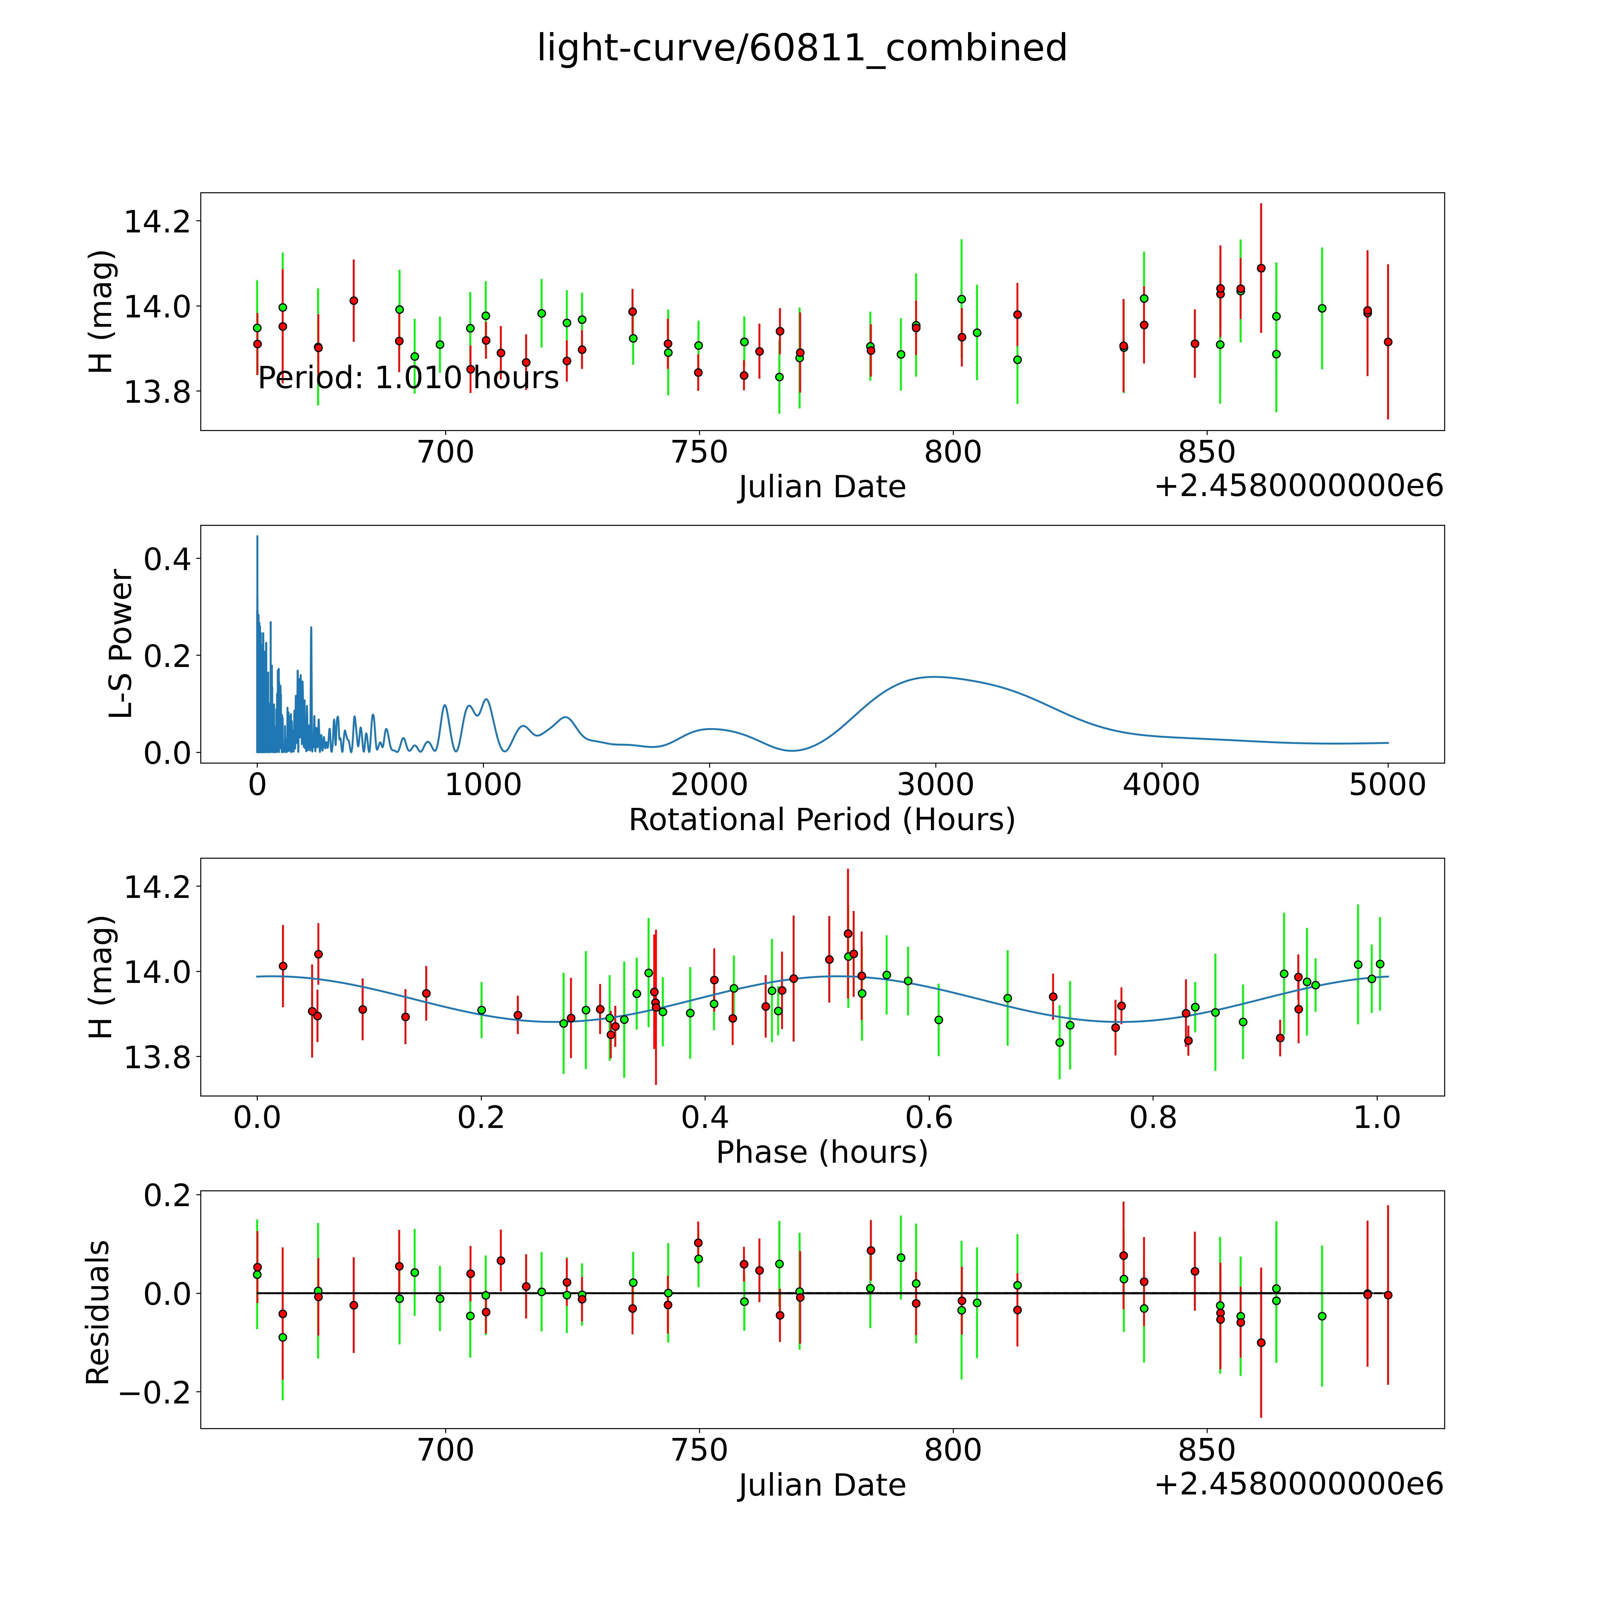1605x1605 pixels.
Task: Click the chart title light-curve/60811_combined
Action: [x=802, y=48]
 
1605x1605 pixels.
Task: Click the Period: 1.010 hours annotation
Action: [x=408, y=378]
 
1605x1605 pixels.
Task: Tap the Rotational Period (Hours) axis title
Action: [x=822, y=820]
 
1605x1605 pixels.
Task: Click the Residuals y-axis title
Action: [x=98, y=1313]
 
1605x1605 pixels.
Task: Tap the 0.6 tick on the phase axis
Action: [x=929, y=1117]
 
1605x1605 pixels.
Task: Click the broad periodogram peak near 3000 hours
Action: [x=935, y=677]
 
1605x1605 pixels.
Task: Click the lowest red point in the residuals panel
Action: [x=1261, y=1343]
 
